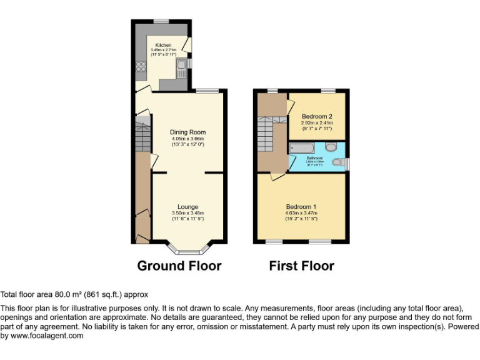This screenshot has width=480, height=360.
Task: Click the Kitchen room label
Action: tap(163, 45)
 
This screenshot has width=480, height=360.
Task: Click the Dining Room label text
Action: tap(187, 132)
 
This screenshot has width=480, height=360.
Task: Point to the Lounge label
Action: tap(187, 207)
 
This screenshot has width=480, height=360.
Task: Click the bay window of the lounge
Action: tap(187, 252)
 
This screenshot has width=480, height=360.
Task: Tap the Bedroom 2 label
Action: tap(317, 116)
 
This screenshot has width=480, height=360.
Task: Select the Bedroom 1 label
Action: tap(301, 207)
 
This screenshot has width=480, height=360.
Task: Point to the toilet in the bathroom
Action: tap(338, 162)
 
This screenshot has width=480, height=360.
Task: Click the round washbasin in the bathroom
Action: tap(331, 146)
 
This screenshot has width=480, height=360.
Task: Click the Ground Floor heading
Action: tap(179, 266)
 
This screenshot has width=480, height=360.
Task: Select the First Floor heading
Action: tap(301, 266)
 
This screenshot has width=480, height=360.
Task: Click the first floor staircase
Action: tap(265, 135)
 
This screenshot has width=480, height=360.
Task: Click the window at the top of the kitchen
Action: tap(162, 21)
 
